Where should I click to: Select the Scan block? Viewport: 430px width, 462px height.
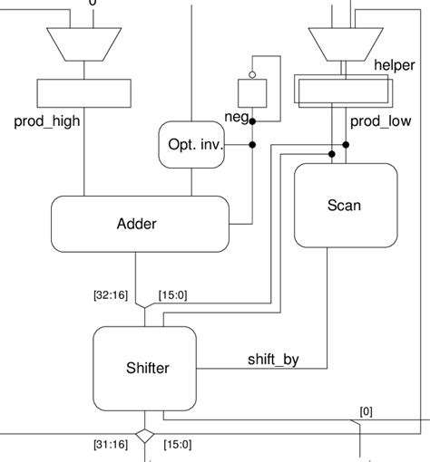point(344,206)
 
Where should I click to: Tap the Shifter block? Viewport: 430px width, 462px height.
point(147,368)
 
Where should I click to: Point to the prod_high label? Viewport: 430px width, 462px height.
point(48,120)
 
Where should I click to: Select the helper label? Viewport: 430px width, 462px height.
point(395,66)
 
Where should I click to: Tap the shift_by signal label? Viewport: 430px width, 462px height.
point(273,359)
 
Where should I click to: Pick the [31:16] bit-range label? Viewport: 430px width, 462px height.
point(110,443)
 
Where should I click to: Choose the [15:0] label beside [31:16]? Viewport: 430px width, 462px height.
point(179,443)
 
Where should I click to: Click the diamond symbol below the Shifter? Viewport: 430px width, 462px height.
point(143,437)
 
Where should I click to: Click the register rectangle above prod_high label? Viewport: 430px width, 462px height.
point(84,91)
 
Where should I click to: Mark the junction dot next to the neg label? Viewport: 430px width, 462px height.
point(253,120)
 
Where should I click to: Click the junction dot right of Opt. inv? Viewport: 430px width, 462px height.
point(253,144)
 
